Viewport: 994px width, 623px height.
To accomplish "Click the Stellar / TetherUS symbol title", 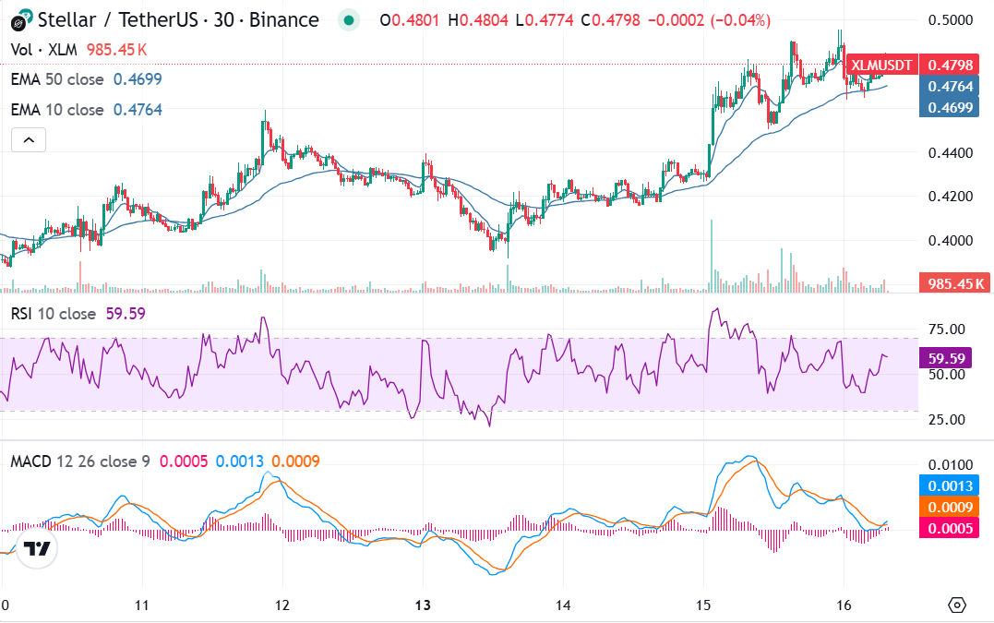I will pyautogui.click(x=167, y=20).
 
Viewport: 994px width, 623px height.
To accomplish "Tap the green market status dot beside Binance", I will pyautogui.click(x=347, y=20).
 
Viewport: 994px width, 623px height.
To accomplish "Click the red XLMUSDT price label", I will pyautogui.click(x=881, y=66).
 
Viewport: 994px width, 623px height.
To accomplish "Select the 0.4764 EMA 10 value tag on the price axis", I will pyautogui.click(x=951, y=87).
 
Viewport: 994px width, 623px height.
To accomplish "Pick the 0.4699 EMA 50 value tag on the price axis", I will pyautogui.click(x=951, y=108).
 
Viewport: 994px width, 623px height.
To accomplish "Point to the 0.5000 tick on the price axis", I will pyautogui.click(x=951, y=20).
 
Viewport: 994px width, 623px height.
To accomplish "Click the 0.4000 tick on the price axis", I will pyautogui.click(x=951, y=241).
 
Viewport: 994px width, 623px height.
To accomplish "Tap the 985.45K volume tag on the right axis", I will pyautogui.click(x=953, y=283).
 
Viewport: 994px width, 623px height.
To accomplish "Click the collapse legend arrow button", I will pyautogui.click(x=29, y=140).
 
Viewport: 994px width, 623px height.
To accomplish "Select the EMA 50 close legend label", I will pyautogui.click(x=57, y=79).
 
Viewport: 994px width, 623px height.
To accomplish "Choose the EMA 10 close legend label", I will pyautogui.click(x=57, y=110).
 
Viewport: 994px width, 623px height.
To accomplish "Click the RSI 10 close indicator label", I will pyautogui.click(x=54, y=314).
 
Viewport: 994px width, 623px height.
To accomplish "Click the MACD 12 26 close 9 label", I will pyautogui.click(x=80, y=461).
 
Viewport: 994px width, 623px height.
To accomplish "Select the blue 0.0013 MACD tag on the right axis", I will pyautogui.click(x=951, y=486).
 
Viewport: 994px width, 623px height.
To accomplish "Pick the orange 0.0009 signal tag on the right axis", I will pyautogui.click(x=951, y=507).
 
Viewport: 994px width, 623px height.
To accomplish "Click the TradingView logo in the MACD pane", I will pyautogui.click(x=36, y=548).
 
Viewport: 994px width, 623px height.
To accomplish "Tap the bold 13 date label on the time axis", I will pyautogui.click(x=423, y=605).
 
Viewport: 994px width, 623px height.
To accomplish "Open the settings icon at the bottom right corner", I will pyautogui.click(x=957, y=605).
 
